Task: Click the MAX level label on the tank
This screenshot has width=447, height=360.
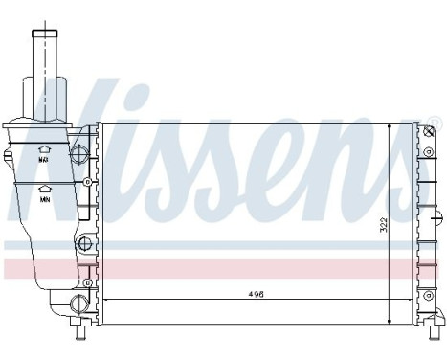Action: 44,161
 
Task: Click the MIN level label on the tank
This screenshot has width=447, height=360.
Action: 44,202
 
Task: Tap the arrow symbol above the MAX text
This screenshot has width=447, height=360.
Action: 44,149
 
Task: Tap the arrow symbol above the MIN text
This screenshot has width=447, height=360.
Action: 44,191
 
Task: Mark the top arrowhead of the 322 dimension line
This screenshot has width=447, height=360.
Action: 389,126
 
